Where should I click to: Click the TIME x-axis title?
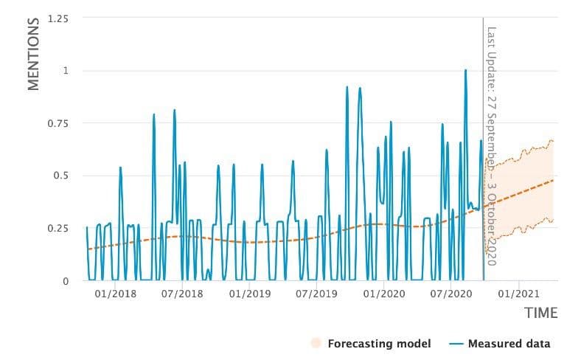(x=540, y=313)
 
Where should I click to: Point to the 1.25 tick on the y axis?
(x=57, y=18)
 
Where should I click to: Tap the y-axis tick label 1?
(x=64, y=71)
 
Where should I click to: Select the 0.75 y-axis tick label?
(x=57, y=123)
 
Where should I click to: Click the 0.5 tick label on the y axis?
(x=60, y=176)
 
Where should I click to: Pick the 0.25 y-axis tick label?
(x=57, y=228)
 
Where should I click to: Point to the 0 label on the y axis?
(x=64, y=281)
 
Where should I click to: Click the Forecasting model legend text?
(x=379, y=343)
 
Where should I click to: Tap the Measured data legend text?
(x=513, y=343)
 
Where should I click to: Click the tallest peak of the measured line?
(x=465, y=71)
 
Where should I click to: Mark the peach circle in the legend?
(x=317, y=343)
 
